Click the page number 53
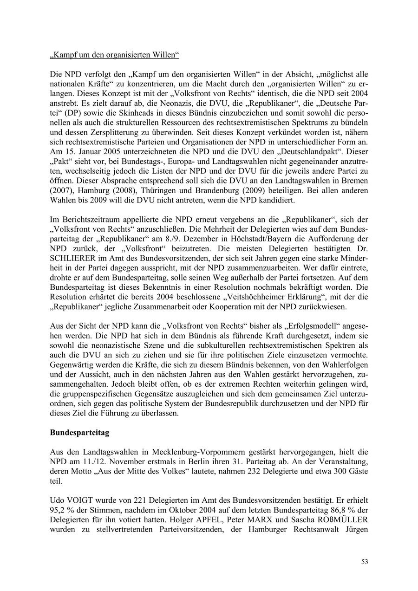(365, 562)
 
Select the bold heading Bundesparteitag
(79, 432)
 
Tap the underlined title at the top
(114, 55)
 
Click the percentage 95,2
(58, 511)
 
